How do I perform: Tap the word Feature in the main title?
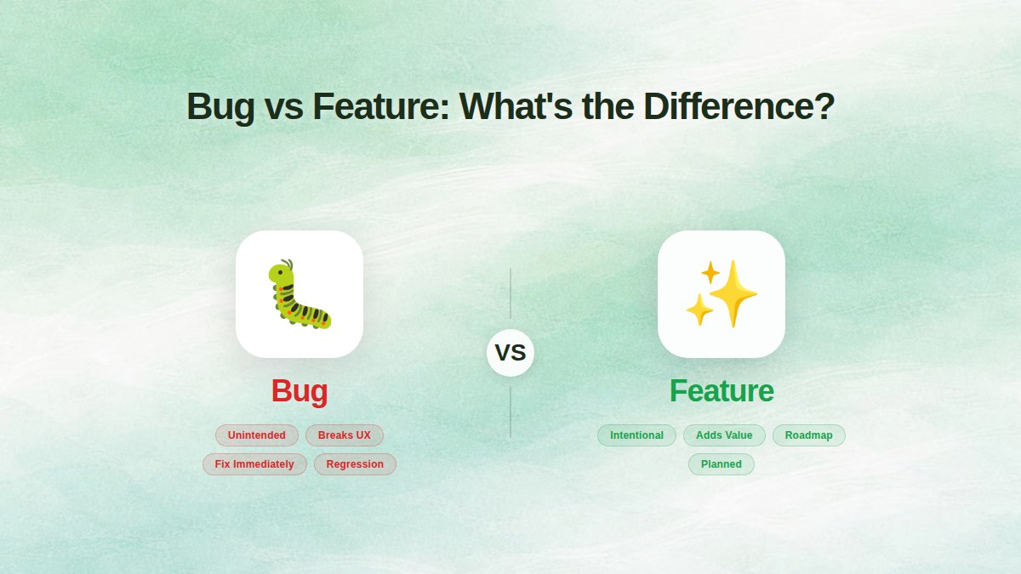tap(379, 107)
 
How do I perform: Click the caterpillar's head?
tap(282, 274)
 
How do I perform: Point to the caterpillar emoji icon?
tap(299, 294)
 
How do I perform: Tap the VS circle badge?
tap(510, 352)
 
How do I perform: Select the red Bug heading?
tap(299, 391)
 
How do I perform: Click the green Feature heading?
tap(722, 391)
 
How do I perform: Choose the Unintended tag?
tap(257, 435)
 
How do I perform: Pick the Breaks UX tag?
tap(345, 435)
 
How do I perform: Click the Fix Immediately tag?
tap(254, 464)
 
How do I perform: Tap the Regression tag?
tap(355, 464)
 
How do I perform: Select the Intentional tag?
tap(636, 435)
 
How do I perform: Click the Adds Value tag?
tap(724, 435)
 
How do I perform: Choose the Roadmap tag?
tap(808, 435)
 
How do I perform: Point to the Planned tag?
tap(722, 464)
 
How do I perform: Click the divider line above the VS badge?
tap(510, 293)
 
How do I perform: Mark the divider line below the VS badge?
tap(510, 412)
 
